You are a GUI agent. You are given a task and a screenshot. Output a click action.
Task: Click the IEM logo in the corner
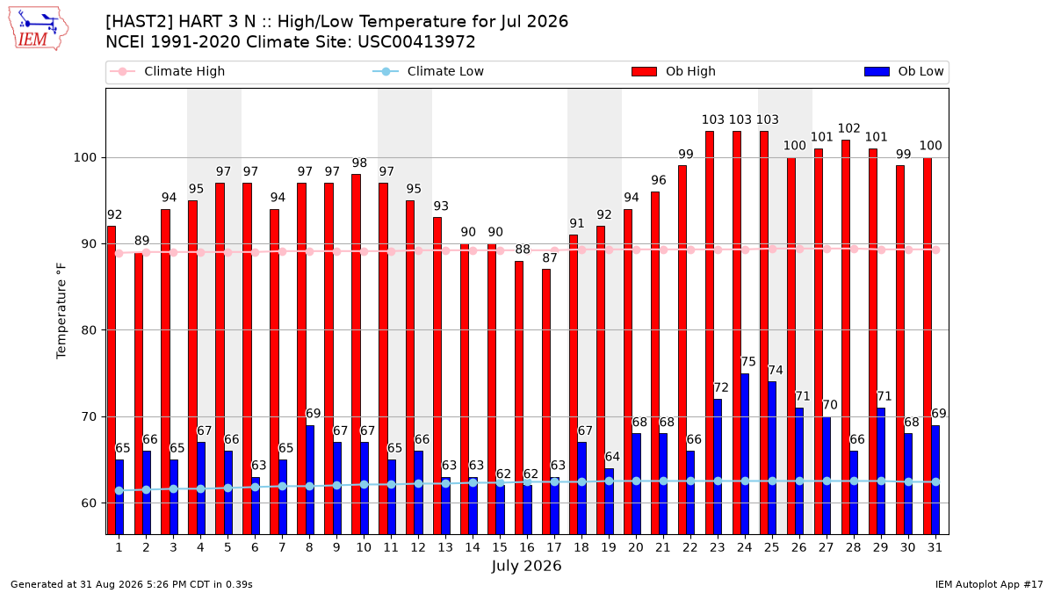click(38, 29)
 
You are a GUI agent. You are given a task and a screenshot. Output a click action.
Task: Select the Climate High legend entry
click(167, 71)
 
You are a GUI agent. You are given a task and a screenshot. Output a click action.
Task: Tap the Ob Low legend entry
click(904, 71)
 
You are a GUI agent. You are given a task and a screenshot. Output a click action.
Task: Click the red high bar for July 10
click(357, 354)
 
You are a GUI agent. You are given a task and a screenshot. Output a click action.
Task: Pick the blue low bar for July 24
click(745, 454)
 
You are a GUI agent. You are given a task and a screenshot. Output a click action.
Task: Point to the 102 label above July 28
click(849, 128)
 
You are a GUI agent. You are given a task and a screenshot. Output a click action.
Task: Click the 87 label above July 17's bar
click(550, 258)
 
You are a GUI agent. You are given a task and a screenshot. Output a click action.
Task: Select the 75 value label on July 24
click(748, 362)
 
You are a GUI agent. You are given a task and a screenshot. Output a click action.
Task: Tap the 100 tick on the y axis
click(84, 157)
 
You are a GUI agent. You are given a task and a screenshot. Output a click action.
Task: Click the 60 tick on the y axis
click(89, 503)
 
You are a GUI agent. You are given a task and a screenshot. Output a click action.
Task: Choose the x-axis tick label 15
click(500, 548)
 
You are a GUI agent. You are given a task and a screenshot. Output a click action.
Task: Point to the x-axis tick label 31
click(935, 548)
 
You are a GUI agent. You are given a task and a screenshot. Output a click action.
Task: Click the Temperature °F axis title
click(61, 311)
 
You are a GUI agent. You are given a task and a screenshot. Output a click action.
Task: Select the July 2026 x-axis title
click(526, 566)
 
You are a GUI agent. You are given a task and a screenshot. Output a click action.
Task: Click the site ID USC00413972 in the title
click(416, 42)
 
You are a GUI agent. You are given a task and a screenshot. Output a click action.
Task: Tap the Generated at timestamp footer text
click(131, 584)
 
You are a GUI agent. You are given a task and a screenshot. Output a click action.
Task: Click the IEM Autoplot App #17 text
click(989, 584)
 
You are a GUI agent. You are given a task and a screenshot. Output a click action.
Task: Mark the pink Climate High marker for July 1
click(119, 254)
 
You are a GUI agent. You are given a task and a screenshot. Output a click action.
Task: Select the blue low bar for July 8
click(310, 480)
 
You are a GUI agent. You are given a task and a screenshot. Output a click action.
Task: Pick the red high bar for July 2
click(139, 394)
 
